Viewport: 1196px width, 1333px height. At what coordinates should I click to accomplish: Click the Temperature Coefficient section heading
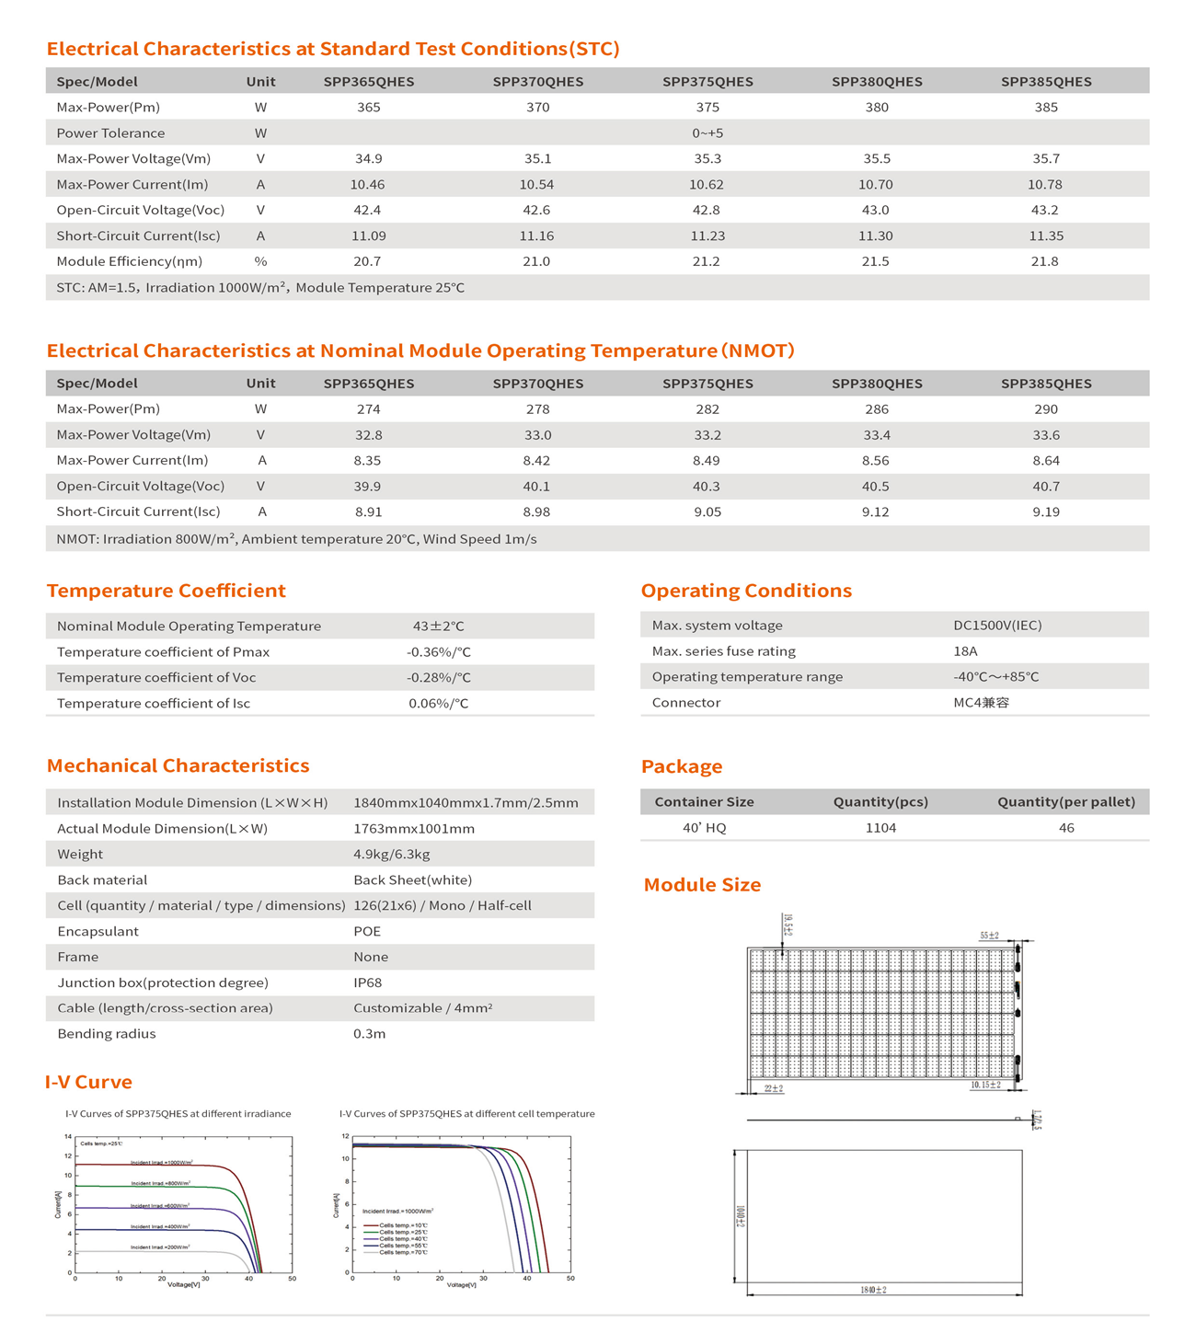167,591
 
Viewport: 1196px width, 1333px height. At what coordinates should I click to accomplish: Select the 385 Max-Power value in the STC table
1046,108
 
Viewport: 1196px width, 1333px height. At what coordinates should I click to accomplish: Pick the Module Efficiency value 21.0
536,262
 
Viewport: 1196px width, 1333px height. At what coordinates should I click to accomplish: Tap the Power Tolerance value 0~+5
707,133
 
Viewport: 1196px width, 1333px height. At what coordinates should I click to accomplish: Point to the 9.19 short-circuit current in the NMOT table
1046,512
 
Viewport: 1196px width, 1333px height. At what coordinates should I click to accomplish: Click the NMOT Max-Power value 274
368,409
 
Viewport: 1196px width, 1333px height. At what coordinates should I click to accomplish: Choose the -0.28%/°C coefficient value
439,678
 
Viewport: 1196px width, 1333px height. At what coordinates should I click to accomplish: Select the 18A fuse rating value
965,651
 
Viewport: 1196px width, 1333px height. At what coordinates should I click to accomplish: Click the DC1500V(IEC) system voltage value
997,626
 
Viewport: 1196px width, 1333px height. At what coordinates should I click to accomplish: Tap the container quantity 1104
880,828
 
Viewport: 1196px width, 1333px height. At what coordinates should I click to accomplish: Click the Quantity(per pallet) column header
1066,802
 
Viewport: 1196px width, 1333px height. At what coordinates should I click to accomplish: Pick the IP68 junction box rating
368,983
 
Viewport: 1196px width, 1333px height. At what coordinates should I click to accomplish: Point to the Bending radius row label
107,1034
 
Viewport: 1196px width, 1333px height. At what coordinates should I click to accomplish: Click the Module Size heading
702,885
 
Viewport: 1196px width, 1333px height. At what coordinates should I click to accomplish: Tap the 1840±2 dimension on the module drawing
873,1291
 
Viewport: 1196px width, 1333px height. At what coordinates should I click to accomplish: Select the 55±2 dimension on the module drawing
989,936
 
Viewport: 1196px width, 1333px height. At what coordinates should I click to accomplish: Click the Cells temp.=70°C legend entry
403,1253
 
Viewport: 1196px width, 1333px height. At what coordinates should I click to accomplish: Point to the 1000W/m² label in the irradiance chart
161,1163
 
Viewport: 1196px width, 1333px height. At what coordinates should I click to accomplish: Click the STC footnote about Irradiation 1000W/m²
260,288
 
